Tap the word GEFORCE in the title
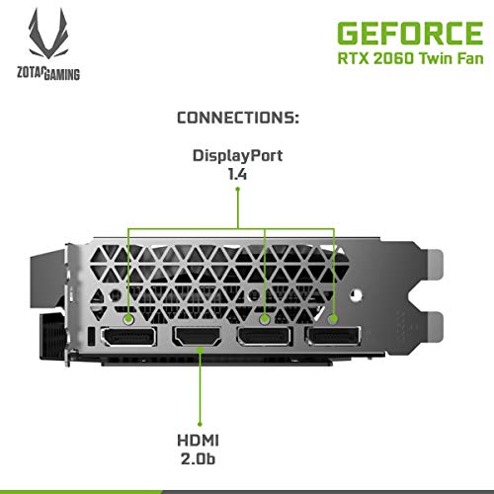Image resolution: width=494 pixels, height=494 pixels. click(x=410, y=34)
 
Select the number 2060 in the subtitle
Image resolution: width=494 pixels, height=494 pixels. click(x=393, y=58)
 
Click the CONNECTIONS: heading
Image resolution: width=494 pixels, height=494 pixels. click(x=238, y=118)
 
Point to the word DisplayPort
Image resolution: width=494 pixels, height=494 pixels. click(x=237, y=156)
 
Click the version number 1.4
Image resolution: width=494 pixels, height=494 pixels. click(x=237, y=174)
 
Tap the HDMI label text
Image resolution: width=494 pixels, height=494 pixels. click(x=198, y=441)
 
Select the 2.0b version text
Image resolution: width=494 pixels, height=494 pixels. click(x=198, y=458)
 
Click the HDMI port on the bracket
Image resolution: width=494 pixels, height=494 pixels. click(x=198, y=336)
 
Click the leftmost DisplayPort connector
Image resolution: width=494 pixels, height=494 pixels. click(x=128, y=336)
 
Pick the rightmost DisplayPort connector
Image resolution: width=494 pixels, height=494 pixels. click(x=333, y=336)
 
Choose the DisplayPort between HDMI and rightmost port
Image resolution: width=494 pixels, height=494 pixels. click(x=265, y=336)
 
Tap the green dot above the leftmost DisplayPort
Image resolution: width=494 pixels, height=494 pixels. click(x=128, y=319)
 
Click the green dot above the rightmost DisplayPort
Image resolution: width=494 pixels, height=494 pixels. click(x=333, y=319)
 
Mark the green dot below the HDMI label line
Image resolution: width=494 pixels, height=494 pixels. click(x=200, y=424)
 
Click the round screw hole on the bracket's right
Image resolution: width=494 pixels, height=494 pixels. click(x=357, y=294)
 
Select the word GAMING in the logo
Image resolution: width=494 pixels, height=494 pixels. click(x=61, y=74)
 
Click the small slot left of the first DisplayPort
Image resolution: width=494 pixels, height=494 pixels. click(x=92, y=337)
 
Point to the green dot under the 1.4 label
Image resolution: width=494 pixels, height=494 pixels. click(x=237, y=189)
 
